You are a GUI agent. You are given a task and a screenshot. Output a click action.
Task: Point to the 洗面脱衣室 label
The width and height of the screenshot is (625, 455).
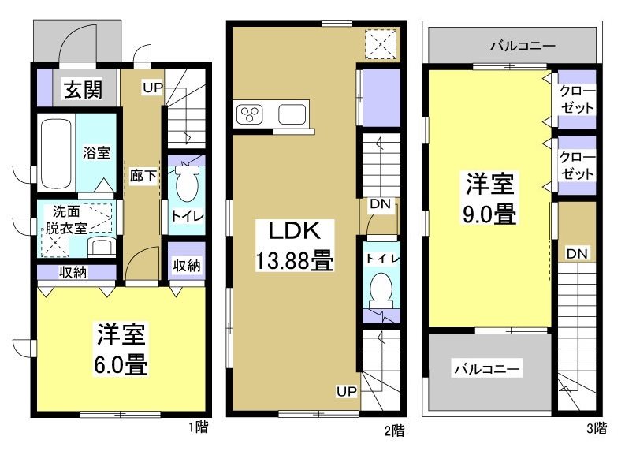[69, 219]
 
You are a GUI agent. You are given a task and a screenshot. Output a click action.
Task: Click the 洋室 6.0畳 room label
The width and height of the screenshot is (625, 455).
[121, 349]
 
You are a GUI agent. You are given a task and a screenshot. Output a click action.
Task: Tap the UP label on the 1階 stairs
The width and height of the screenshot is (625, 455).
[153, 87]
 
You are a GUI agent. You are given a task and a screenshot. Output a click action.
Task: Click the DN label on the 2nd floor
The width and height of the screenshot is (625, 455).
[381, 204]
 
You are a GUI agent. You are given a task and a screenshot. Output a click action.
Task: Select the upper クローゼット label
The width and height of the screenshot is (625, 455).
[578, 99]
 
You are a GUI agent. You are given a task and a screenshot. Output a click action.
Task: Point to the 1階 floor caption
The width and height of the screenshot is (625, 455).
[198, 429]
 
